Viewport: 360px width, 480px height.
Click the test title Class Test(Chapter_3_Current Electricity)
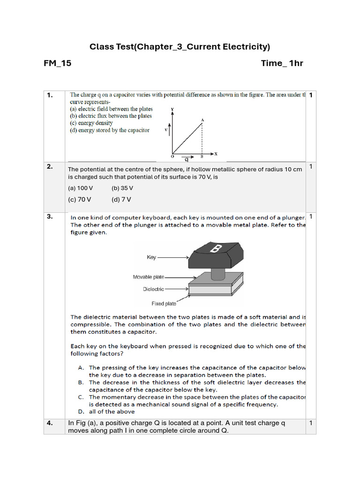click(180, 47)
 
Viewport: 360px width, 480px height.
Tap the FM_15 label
click(58, 63)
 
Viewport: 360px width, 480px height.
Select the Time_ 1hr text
click(282, 63)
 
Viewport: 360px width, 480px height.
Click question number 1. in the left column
click(50, 96)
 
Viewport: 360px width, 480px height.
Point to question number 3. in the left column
click(50, 217)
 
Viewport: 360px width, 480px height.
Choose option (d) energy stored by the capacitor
click(110, 130)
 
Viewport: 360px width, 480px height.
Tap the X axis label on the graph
click(216, 154)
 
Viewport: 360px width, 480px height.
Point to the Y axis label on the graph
click(172, 109)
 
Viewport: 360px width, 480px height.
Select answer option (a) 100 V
click(81, 188)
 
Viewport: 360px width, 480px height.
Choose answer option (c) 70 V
click(80, 199)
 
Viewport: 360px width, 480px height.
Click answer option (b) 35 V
click(122, 188)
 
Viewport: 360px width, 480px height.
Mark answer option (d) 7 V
click(121, 199)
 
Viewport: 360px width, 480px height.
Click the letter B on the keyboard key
click(215, 249)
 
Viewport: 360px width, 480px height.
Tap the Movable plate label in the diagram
click(149, 277)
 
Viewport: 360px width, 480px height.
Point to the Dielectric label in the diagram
click(153, 289)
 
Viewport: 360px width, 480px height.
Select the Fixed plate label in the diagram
click(164, 303)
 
